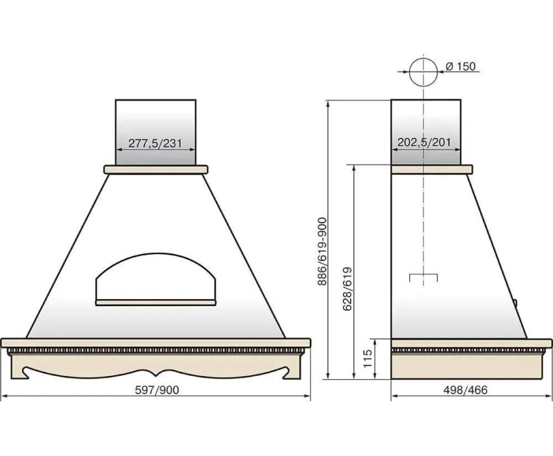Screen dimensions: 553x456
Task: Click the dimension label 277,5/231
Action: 155,143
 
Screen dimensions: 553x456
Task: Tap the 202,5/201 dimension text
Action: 424,143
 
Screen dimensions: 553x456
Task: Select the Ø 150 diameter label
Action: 461,66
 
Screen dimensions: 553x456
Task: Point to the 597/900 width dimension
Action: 157,390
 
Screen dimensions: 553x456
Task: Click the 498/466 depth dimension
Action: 466,390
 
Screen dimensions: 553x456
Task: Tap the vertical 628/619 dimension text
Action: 347,289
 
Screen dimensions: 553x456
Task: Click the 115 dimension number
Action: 368,358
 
